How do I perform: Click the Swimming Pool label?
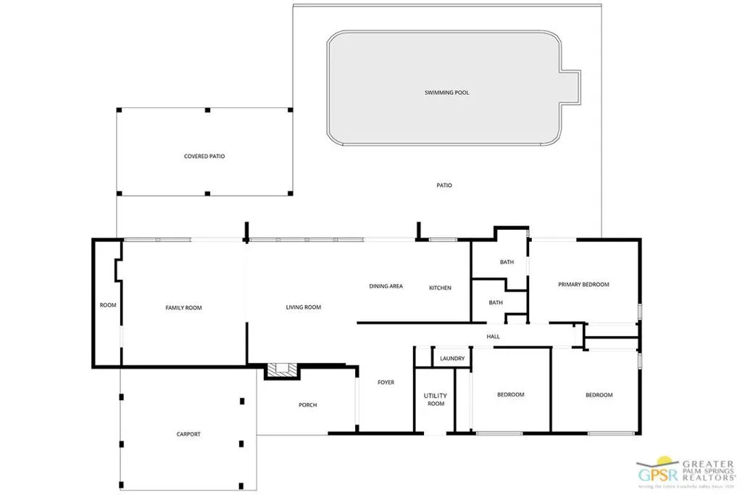(446, 93)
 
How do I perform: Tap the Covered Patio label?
(204, 156)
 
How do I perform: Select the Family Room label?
(183, 308)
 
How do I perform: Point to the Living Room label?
(303, 307)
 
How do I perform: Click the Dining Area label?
(385, 286)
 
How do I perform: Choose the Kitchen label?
(440, 288)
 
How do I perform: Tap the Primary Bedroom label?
(583, 285)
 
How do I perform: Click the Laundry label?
(452, 359)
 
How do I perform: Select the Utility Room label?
(435, 399)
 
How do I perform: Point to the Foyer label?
(385, 382)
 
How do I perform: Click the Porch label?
(307, 405)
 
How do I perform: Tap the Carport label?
(188, 434)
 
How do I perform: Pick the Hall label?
(493, 336)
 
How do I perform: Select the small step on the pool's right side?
(572, 86)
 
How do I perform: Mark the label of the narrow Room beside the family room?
(107, 305)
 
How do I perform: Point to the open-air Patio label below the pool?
(444, 186)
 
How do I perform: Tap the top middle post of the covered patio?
(207, 110)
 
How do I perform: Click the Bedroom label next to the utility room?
(510, 394)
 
